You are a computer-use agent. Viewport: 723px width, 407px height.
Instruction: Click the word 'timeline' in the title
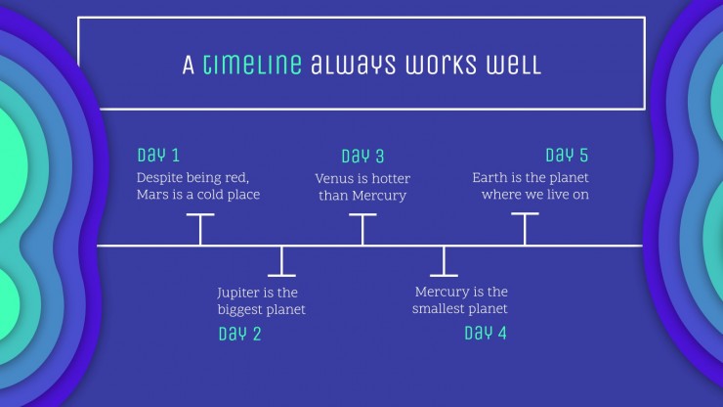click(x=252, y=64)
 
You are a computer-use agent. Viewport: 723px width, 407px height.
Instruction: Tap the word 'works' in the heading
click(x=441, y=65)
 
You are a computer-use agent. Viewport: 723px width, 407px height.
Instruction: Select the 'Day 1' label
click(x=158, y=155)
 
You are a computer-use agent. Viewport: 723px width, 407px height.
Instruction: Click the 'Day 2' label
click(x=239, y=334)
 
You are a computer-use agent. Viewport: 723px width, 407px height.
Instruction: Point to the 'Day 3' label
click(x=362, y=157)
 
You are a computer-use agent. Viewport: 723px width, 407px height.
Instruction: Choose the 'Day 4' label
click(x=486, y=333)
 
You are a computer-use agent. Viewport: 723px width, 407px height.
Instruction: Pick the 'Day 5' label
click(x=567, y=155)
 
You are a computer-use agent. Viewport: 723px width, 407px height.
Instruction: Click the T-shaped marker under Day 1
click(x=200, y=230)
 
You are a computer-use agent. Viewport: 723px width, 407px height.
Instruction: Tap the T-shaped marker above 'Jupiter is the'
click(x=281, y=261)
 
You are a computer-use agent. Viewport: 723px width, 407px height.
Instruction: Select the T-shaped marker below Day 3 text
click(x=362, y=230)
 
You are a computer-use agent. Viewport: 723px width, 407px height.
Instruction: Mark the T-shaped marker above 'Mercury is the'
click(x=444, y=261)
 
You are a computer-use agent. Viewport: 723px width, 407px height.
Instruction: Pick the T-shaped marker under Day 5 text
click(x=525, y=229)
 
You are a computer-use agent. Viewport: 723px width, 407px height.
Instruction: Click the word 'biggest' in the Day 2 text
click(x=237, y=309)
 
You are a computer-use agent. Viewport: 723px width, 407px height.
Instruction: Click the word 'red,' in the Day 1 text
click(x=236, y=178)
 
